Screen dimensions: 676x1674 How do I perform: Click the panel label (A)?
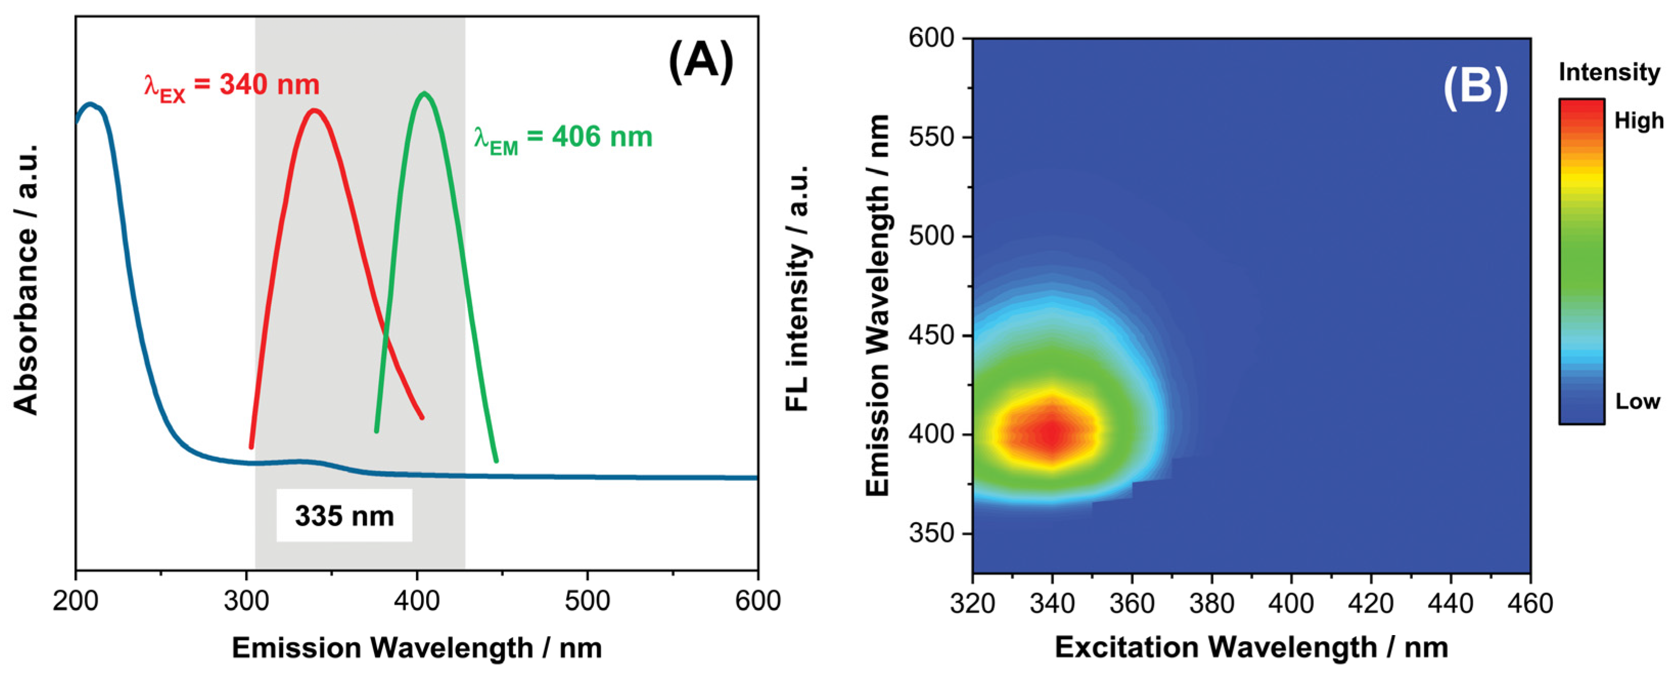coord(701,62)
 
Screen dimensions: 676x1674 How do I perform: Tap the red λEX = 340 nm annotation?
coord(232,86)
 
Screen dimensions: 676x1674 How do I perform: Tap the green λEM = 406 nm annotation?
coord(563,139)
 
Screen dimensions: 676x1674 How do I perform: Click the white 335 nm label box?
coord(344,516)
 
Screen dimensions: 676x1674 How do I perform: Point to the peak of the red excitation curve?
coord(315,110)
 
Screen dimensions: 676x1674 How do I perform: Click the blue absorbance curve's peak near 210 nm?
coord(91,104)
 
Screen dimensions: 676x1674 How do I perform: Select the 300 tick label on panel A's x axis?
coord(246,601)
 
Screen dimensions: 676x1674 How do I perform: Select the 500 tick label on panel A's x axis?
coord(588,601)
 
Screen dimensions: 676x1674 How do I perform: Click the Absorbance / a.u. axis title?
coord(26,280)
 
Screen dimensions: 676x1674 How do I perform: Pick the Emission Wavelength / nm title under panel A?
coord(416,648)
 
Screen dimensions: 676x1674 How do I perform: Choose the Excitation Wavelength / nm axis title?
coord(1251,647)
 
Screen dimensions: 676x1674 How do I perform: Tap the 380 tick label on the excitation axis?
coord(1212,604)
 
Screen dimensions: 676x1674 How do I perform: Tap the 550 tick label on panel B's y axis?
coord(931,138)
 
